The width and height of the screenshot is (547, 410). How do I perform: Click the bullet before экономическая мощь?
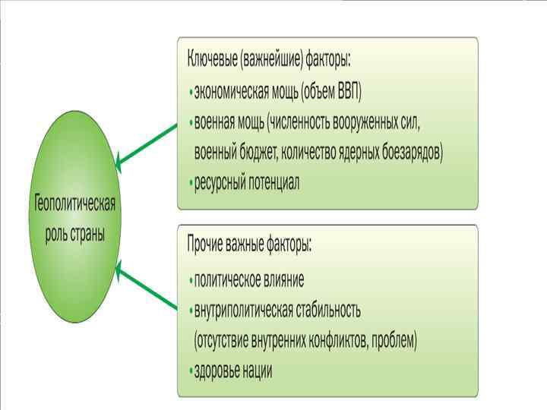pyautogui.click(x=190, y=93)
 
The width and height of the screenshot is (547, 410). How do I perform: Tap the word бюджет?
pyautogui.click(x=257, y=152)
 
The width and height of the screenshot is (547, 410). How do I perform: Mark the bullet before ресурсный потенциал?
pyautogui.click(x=190, y=183)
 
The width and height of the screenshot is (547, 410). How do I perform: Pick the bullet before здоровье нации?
pyautogui.click(x=190, y=371)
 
